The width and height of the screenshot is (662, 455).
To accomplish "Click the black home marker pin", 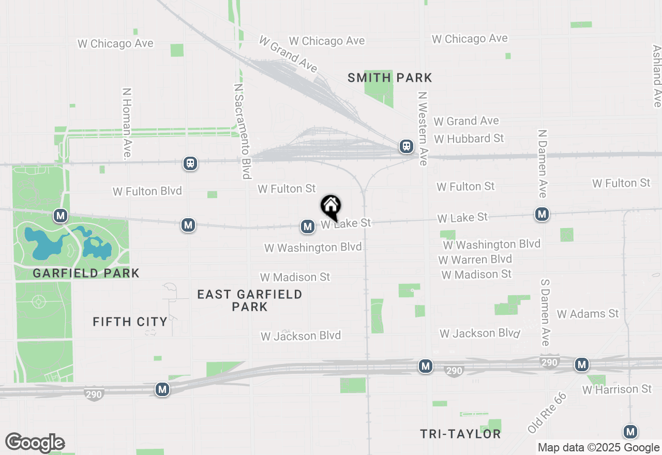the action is [x=331, y=207].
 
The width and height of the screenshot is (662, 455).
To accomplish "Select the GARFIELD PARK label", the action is [x=86, y=273].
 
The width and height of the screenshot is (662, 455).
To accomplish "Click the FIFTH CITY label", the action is [x=130, y=322].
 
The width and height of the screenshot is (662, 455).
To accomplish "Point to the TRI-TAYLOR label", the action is [x=460, y=434].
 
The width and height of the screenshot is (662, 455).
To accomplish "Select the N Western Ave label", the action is [x=423, y=129].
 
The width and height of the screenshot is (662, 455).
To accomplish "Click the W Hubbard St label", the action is [x=469, y=139].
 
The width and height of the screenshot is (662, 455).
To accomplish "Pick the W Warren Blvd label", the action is [x=475, y=259].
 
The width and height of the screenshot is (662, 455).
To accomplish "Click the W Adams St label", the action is [x=588, y=314].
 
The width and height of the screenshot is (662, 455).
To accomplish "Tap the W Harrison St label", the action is [x=617, y=389].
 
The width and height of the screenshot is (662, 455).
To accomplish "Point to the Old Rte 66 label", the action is [x=547, y=413].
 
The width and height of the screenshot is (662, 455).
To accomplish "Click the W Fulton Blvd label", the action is [x=147, y=191].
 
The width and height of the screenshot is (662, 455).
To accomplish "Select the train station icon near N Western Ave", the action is [x=407, y=146].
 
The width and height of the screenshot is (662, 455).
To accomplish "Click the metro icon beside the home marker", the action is [x=308, y=226].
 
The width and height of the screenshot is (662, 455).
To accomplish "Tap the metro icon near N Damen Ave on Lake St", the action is [x=542, y=214].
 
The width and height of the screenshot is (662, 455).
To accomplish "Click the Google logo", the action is [x=35, y=443].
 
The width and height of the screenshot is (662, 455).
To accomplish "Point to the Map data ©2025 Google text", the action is [x=598, y=448].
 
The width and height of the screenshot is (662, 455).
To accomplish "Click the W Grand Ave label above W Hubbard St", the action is [x=466, y=121].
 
